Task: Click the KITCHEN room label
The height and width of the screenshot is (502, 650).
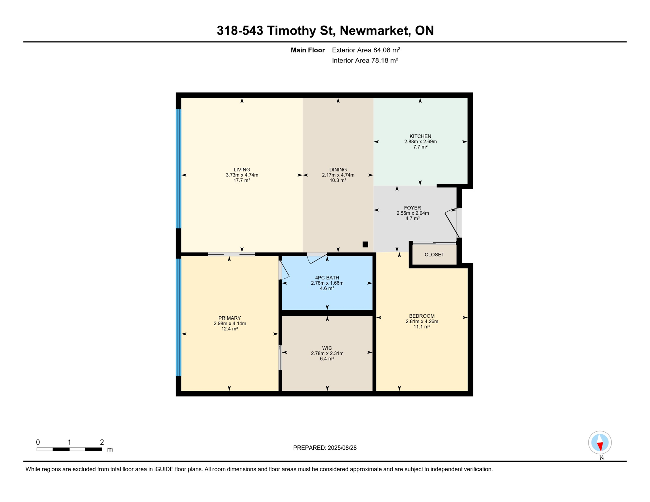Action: (420, 136)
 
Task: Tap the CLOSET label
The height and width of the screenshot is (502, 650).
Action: (434, 255)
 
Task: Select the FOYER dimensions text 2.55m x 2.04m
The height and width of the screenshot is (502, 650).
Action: (413, 213)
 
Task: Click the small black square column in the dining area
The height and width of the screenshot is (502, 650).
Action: (365, 244)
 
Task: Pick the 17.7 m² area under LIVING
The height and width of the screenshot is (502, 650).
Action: (242, 180)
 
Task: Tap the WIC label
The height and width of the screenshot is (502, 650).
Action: (327, 348)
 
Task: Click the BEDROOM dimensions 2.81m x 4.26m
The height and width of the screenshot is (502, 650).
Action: (422, 321)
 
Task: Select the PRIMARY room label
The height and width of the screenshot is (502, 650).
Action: (230, 318)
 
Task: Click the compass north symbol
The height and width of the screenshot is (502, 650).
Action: (600, 443)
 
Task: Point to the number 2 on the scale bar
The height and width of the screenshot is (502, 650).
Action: (102, 442)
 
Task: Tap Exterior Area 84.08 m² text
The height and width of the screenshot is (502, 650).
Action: (366, 50)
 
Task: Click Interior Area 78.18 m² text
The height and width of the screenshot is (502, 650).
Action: (365, 60)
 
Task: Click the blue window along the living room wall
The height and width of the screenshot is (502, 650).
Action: (179, 169)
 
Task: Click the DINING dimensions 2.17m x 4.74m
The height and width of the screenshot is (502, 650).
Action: (338, 175)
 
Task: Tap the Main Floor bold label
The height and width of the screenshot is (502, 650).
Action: (308, 50)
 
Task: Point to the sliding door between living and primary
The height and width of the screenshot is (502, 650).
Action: (231, 254)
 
